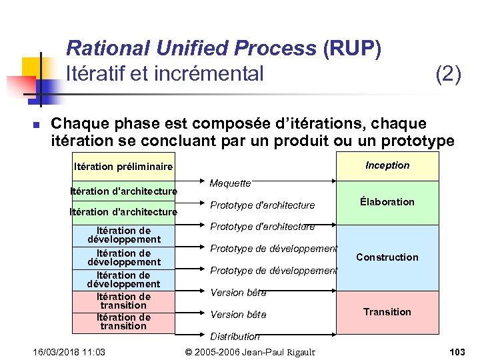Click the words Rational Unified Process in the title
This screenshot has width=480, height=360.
click(191, 49)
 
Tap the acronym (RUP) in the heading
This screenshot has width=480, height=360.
click(351, 49)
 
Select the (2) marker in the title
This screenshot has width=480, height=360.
click(447, 73)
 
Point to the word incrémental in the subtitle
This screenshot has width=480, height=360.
click(209, 73)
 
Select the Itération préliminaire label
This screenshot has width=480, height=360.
click(123, 167)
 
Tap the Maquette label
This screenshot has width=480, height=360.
click(230, 183)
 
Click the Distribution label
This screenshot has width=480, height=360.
click(235, 337)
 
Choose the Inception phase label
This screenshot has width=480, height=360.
click(387, 165)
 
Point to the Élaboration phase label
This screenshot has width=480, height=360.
click(387, 202)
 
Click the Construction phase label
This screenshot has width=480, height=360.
click(387, 257)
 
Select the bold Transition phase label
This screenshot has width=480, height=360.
click(387, 312)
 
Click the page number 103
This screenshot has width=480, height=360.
click(457, 351)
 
